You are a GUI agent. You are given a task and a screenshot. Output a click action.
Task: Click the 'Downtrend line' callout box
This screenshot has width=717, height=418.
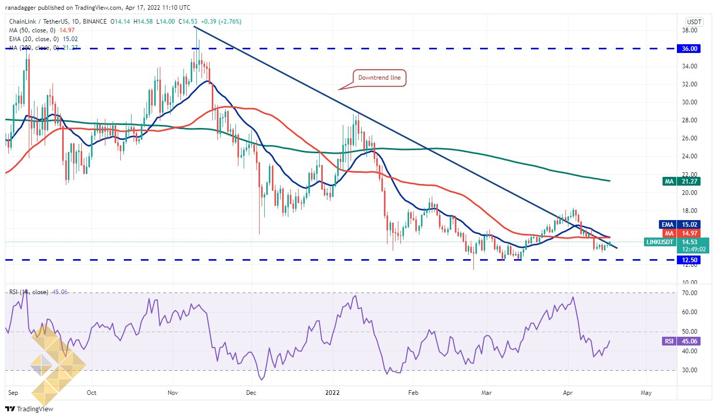379,78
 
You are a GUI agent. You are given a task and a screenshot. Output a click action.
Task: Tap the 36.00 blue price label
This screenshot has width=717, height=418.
689,49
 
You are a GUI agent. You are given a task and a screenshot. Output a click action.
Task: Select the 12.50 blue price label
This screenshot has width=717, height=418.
689,260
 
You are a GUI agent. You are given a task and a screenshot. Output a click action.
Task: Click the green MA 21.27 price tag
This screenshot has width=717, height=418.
681,181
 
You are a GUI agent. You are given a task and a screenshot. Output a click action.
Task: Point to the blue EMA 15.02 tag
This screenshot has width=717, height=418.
679,224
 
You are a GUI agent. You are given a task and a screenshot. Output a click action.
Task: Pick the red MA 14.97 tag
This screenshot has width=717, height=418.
681,233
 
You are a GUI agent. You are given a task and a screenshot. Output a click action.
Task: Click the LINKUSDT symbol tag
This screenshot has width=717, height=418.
660,242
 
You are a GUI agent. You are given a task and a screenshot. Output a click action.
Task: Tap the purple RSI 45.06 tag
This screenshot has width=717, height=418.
681,341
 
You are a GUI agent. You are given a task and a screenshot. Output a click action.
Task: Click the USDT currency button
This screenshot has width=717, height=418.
694,22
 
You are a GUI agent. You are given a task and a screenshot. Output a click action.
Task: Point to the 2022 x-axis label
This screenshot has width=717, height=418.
332,392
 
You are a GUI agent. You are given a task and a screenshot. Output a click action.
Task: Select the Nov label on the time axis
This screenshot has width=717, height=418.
173,392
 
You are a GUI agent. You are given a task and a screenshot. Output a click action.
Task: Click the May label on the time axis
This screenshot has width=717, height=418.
646,393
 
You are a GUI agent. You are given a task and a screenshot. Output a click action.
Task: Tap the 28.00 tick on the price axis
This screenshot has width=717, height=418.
689,120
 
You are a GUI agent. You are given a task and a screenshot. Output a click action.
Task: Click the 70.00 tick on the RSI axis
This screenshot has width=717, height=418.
689,293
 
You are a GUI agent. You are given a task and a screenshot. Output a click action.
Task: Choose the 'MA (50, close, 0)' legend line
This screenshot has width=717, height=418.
42,30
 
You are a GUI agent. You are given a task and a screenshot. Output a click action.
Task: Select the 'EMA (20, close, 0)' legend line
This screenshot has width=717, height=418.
43,39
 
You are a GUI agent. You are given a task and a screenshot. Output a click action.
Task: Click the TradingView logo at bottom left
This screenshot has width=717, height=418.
29,409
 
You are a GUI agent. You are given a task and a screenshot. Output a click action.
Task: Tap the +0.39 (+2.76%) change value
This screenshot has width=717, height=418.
221,22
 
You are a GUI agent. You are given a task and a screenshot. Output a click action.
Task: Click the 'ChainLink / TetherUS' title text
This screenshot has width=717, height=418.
39,22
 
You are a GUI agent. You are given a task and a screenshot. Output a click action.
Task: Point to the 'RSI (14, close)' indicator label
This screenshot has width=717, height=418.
28,292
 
